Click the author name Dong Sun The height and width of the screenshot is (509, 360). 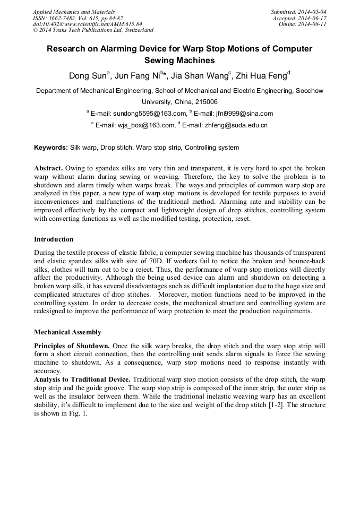coord(88,75)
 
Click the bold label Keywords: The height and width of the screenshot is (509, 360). coord(51,148)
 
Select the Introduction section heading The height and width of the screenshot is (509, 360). coord(54,239)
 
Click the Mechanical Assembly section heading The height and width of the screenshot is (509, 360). coord(67,332)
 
